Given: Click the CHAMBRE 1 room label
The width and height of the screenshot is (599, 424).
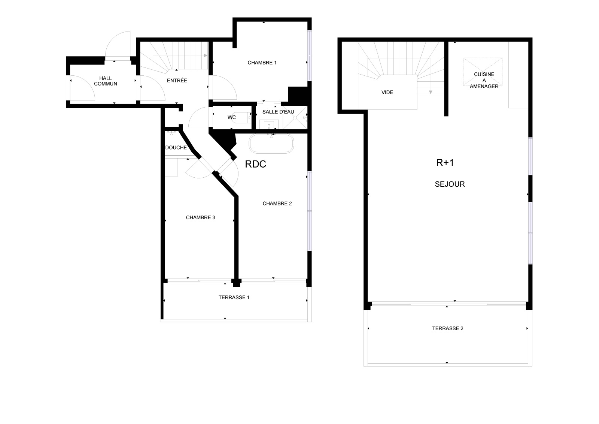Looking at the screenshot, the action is pyautogui.click(x=262, y=63).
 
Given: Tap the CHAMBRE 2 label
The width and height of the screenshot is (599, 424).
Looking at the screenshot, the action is pyautogui.click(x=277, y=204).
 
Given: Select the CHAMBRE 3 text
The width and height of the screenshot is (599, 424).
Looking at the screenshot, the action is pyautogui.click(x=200, y=218).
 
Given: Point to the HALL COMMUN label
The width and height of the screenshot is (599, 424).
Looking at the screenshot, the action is pyautogui.click(x=105, y=81).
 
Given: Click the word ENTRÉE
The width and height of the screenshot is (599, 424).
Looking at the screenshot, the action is pyautogui.click(x=177, y=80).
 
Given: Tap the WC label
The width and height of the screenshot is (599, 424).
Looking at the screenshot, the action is pyautogui.click(x=232, y=117).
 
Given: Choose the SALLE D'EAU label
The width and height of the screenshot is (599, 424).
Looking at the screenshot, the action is pyautogui.click(x=278, y=112).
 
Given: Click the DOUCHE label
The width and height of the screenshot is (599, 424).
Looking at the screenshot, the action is pyautogui.click(x=176, y=148).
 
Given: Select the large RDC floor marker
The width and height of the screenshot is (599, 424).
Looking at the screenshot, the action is pyautogui.click(x=255, y=164).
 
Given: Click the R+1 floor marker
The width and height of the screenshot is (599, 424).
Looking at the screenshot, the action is pyautogui.click(x=445, y=163).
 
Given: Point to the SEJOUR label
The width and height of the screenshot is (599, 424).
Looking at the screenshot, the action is pyautogui.click(x=450, y=184).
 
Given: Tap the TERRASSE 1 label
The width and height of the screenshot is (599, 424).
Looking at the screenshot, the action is pyautogui.click(x=234, y=297).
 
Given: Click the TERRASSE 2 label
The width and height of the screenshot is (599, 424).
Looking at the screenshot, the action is pyautogui.click(x=448, y=328).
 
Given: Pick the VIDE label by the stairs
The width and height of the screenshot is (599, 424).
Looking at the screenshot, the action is pyautogui.click(x=387, y=92).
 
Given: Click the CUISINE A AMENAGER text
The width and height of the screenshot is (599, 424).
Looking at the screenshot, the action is pyautogui.click(x=484, y=80).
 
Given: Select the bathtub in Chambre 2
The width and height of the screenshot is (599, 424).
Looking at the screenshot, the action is pyautogui.click(x=271, y=144).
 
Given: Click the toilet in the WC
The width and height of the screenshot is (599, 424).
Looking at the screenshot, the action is pyautogui.click(x=241, y=117).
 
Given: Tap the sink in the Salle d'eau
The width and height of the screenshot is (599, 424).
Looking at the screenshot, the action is pyautogui.click(x=269, y=124).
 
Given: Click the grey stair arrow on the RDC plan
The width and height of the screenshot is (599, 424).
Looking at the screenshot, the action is pyautogui.click(x=206, y=55).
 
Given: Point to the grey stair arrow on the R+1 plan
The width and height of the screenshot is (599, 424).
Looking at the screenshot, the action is pyautogui.click(x=431, y=92).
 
